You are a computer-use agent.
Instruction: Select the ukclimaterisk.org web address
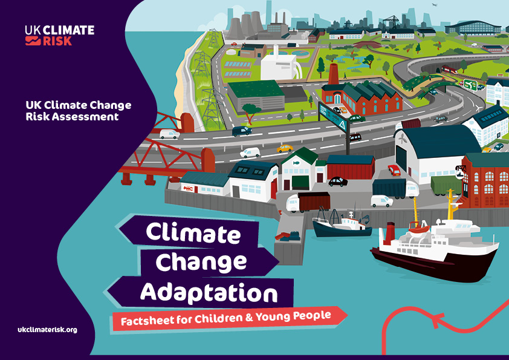48,330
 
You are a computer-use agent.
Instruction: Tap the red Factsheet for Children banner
230,316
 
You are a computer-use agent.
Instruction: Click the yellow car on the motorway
285,148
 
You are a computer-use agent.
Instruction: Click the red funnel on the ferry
390,232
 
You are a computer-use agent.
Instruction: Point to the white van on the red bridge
169,134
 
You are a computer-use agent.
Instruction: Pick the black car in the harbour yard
338,181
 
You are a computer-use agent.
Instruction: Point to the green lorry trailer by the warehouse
446,183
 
